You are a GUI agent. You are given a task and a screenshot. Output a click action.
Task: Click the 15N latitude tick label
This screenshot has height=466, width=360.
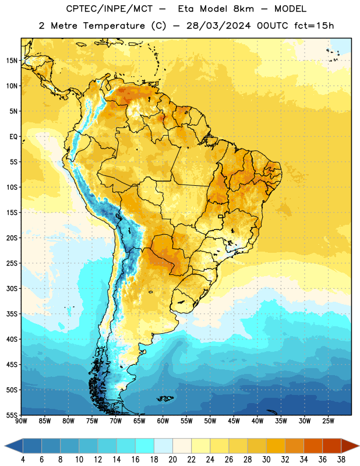[12, 61]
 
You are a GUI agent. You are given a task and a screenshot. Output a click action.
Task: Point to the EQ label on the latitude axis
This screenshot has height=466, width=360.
[13, 137]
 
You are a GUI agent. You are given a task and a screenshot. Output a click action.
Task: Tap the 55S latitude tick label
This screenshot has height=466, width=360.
[12, 415]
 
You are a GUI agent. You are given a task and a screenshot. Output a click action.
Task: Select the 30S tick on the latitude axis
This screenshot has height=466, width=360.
[12, 288]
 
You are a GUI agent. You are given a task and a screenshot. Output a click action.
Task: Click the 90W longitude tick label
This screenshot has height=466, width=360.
[21, 421]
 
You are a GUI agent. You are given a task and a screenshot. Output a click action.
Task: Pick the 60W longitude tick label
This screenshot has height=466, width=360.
[163, 421]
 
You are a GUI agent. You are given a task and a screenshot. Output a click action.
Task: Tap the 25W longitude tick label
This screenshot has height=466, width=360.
[328, 421]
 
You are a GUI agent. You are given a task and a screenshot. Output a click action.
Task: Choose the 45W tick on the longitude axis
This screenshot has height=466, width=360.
[234, 421]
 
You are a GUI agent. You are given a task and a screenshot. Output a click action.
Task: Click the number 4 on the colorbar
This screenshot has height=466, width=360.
[23, 460]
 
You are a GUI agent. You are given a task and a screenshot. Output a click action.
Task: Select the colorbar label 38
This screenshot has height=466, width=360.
[341, 460]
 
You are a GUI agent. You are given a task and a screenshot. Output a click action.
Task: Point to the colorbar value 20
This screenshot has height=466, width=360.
[172, 460]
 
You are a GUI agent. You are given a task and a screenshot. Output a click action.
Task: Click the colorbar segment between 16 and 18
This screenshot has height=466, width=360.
[144, 446]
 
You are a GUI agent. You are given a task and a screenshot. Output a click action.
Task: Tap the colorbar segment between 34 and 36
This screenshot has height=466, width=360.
[313, 446]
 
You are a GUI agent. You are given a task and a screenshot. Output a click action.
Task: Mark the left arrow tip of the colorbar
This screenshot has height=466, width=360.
[5, 446]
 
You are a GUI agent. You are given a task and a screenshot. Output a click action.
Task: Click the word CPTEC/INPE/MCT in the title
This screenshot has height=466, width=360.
[109, 9]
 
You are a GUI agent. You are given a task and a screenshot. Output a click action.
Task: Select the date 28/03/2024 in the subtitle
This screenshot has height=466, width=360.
[218, 26]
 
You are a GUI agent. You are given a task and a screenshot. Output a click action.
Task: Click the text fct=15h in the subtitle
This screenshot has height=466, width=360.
[314, 26]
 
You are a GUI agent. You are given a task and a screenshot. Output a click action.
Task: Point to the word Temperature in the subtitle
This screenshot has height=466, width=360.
[114, 26]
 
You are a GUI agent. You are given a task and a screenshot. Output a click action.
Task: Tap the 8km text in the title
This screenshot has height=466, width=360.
[243, 9]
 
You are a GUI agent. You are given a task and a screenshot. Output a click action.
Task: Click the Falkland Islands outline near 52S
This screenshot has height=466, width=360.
[165, 398]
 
